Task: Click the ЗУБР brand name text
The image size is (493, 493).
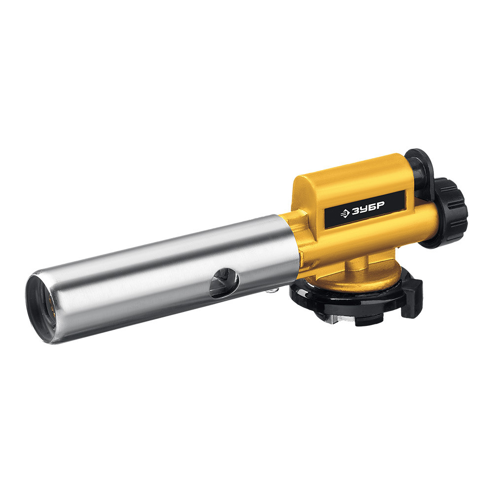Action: (368, 209)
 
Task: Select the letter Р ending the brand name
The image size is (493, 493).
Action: (380, 206)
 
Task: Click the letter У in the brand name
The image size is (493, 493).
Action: (363, 210)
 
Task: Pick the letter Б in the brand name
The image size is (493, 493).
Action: (372, 208)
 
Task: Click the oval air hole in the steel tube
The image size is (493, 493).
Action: (224, 282)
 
